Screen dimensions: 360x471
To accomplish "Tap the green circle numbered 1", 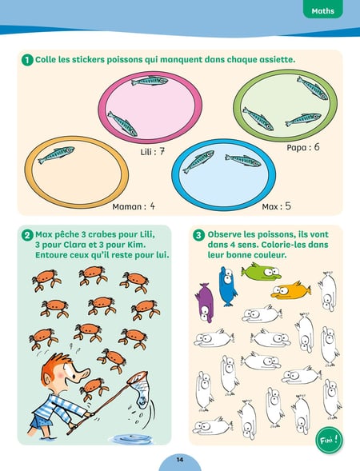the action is tap(27, 60).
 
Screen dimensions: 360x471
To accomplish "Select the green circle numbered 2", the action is tap(27, 235).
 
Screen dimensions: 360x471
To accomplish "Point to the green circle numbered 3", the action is tap(198, 235).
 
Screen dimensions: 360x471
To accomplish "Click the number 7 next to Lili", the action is tap(162, 151).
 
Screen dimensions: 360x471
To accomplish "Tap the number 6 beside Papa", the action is tap(317, 147).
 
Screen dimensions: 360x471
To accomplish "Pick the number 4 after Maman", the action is tap(152, 206).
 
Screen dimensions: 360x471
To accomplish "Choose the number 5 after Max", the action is tap(288, 206).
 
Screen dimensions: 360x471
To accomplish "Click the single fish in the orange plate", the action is tap(56, 154).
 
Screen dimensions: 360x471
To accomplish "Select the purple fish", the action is tap(205, 303).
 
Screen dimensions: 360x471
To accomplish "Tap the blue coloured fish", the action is tap(227, 286).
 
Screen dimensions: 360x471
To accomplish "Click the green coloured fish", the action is tap(261, 271).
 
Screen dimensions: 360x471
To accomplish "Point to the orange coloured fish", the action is tap(290, 290).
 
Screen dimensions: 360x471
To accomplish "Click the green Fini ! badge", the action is tap(329, 441).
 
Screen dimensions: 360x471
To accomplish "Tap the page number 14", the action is tap(180, 460).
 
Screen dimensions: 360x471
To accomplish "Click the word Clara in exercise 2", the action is tap(74, 245).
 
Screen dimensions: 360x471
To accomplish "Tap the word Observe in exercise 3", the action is tap(223, 234).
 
